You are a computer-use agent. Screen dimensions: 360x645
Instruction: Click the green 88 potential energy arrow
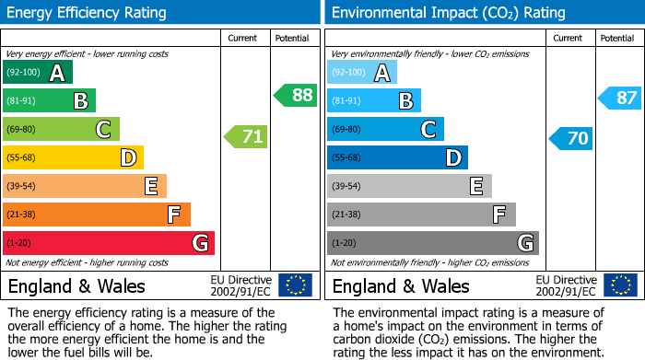coord(296,95)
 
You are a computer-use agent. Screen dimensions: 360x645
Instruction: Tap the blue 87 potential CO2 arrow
coord(620,98)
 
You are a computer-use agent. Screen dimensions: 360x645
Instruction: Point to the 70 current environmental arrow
coord(570,139)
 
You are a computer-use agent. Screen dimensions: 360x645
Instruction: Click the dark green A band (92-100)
coord(38,73)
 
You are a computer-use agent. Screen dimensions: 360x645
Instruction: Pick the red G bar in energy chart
coord(109,243)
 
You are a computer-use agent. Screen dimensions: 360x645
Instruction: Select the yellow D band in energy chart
coord(73,157)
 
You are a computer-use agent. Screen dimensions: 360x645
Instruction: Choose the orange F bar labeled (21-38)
coord(97,215)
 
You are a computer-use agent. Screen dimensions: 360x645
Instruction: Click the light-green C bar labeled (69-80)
coord(61,129)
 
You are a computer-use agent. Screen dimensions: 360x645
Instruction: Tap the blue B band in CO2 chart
coord(374,100)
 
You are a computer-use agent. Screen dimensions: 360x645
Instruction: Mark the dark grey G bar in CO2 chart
coord(432,243)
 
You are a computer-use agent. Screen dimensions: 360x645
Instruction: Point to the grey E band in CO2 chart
coord(409,186)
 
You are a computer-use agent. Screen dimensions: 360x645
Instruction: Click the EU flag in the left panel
coord(295,285)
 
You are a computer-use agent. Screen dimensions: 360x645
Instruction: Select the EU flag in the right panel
coord(619,285)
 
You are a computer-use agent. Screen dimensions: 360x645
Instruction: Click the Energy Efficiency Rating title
coord(88,13)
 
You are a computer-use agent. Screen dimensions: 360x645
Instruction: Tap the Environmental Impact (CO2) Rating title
coord(448,13)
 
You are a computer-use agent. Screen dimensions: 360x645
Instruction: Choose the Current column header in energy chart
coord(244,38)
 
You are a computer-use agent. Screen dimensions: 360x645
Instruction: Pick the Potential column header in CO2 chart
coord(617,38)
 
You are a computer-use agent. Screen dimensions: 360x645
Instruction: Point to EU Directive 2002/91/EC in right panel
coord(566,285)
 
